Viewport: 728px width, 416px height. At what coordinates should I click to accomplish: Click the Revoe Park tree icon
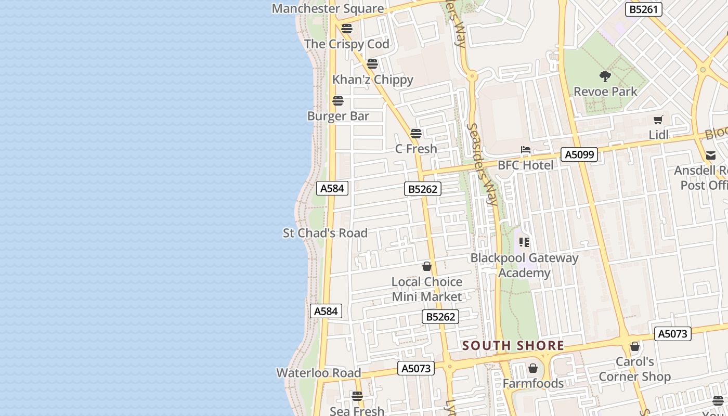605,76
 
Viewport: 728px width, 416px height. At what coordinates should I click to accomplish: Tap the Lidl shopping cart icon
658,120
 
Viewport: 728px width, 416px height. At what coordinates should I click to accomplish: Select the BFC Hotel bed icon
526,150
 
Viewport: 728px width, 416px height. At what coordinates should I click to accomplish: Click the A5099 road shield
579,154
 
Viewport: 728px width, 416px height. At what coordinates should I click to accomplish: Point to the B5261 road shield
643,9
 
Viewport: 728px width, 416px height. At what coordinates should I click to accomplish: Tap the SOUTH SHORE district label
513,346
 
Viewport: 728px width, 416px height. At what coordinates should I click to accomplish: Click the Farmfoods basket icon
532,369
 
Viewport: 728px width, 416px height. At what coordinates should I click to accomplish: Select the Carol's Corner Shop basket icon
634,346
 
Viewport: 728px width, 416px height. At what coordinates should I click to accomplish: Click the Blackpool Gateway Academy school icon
524,242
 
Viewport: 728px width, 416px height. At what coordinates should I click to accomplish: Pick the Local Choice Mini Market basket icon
427,267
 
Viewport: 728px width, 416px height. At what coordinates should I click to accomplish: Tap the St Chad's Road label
325,233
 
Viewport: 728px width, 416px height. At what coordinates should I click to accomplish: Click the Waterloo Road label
318,373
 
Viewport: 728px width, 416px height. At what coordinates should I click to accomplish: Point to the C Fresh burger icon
415,134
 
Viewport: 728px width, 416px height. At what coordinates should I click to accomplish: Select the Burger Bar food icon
338,101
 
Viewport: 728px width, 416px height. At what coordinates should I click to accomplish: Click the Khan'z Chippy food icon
372,64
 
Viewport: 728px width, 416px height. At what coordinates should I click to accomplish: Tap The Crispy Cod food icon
347,29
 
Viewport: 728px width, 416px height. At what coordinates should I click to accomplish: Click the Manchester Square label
328,8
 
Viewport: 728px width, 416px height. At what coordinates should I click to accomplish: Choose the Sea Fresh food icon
357,396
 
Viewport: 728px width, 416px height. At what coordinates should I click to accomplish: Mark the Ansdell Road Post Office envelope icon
711,155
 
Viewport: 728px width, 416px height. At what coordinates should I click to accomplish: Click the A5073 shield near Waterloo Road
416,368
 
